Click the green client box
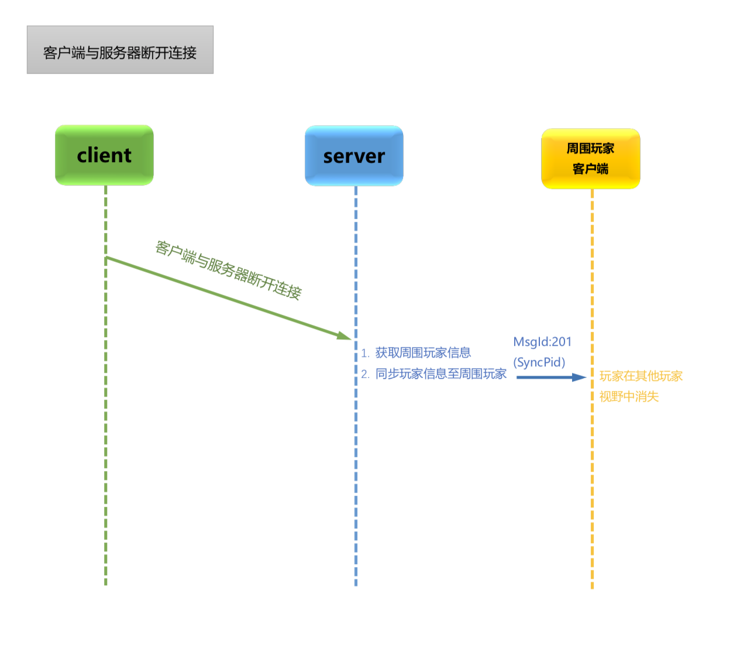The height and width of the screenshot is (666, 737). (x=104, y=155)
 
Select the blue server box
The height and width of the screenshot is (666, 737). (x=354, y=156)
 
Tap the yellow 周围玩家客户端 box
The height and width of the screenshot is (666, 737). (x=590, y=159)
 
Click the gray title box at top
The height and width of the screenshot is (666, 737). (x=120, y=50)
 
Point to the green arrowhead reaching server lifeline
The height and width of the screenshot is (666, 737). (x=345, y=336)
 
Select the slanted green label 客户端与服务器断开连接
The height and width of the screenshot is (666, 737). (x=228, y=270)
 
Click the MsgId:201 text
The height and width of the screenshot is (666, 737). (x=542, y=342)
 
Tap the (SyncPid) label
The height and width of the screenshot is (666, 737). (x=539, y=362)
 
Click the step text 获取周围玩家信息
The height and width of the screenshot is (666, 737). (x=423, y=353)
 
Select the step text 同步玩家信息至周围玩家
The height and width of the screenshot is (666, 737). (x=440, y=374)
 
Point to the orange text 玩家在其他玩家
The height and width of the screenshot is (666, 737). (x=641, y=376)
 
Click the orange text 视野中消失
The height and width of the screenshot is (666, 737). (x=629, y=397)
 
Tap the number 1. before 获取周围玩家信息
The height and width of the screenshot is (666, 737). (x=365, y=353)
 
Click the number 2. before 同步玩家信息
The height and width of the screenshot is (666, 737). (x=365, y=375)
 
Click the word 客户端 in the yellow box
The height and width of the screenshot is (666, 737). (x=590, y=169)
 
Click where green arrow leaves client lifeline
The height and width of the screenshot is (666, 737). (x=106, y=258)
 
